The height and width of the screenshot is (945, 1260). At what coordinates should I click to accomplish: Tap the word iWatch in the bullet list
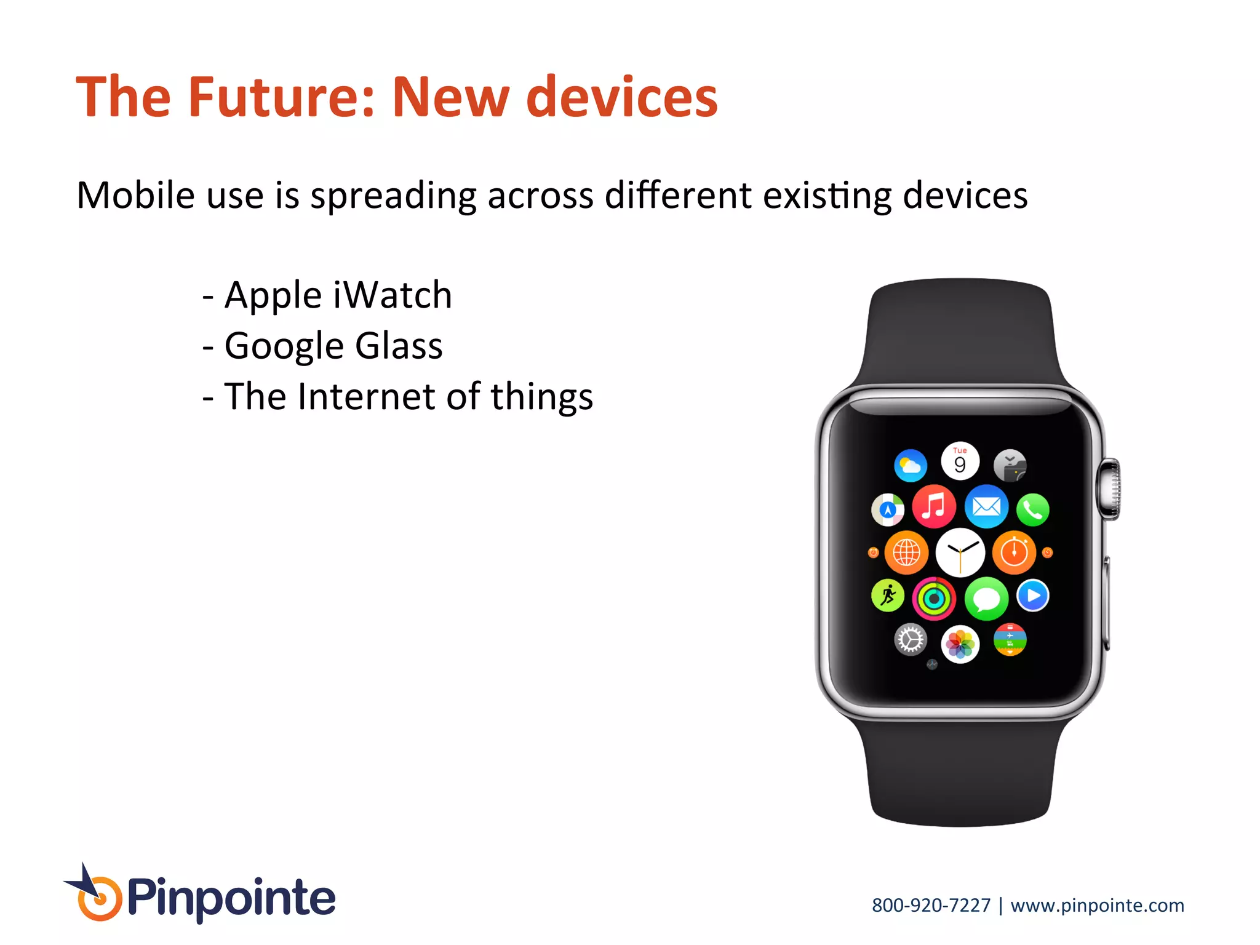click(x=392, y=295)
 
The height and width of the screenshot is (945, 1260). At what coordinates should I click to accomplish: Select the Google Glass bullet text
click(x=333, y=346)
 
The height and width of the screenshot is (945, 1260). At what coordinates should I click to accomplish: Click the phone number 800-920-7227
click(x=931, y=906)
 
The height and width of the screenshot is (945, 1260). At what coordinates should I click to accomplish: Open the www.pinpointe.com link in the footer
click(x=1097, y=906)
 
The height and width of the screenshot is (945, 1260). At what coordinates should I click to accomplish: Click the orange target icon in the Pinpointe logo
click(x=99, y=899)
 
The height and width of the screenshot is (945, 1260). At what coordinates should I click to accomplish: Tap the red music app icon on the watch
click(x=934, y=507)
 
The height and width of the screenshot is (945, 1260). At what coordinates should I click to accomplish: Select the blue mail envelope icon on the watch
click(x=986, y=507)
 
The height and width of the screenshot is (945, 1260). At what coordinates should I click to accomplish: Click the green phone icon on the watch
click(x=1032, y=510)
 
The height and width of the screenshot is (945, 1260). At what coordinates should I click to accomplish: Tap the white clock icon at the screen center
click(x=960, y=552)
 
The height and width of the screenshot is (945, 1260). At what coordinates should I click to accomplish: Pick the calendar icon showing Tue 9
click(x=960, y=461)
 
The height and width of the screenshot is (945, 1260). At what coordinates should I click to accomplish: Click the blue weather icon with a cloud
click(x=911, y=465)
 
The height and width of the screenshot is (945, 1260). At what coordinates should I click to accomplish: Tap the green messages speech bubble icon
click(x=986, y=598)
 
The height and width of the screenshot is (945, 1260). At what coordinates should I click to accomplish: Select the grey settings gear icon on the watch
click(x=911, y=640)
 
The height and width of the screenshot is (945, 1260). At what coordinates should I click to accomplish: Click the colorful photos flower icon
click(x=960, y=644)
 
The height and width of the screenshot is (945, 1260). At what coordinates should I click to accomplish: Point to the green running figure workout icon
click(x=888, y=596)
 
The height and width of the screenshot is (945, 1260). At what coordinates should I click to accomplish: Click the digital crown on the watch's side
click(x=1110, y=489)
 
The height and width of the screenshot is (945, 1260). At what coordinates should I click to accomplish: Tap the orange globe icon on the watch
click(x=906, y=552)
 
